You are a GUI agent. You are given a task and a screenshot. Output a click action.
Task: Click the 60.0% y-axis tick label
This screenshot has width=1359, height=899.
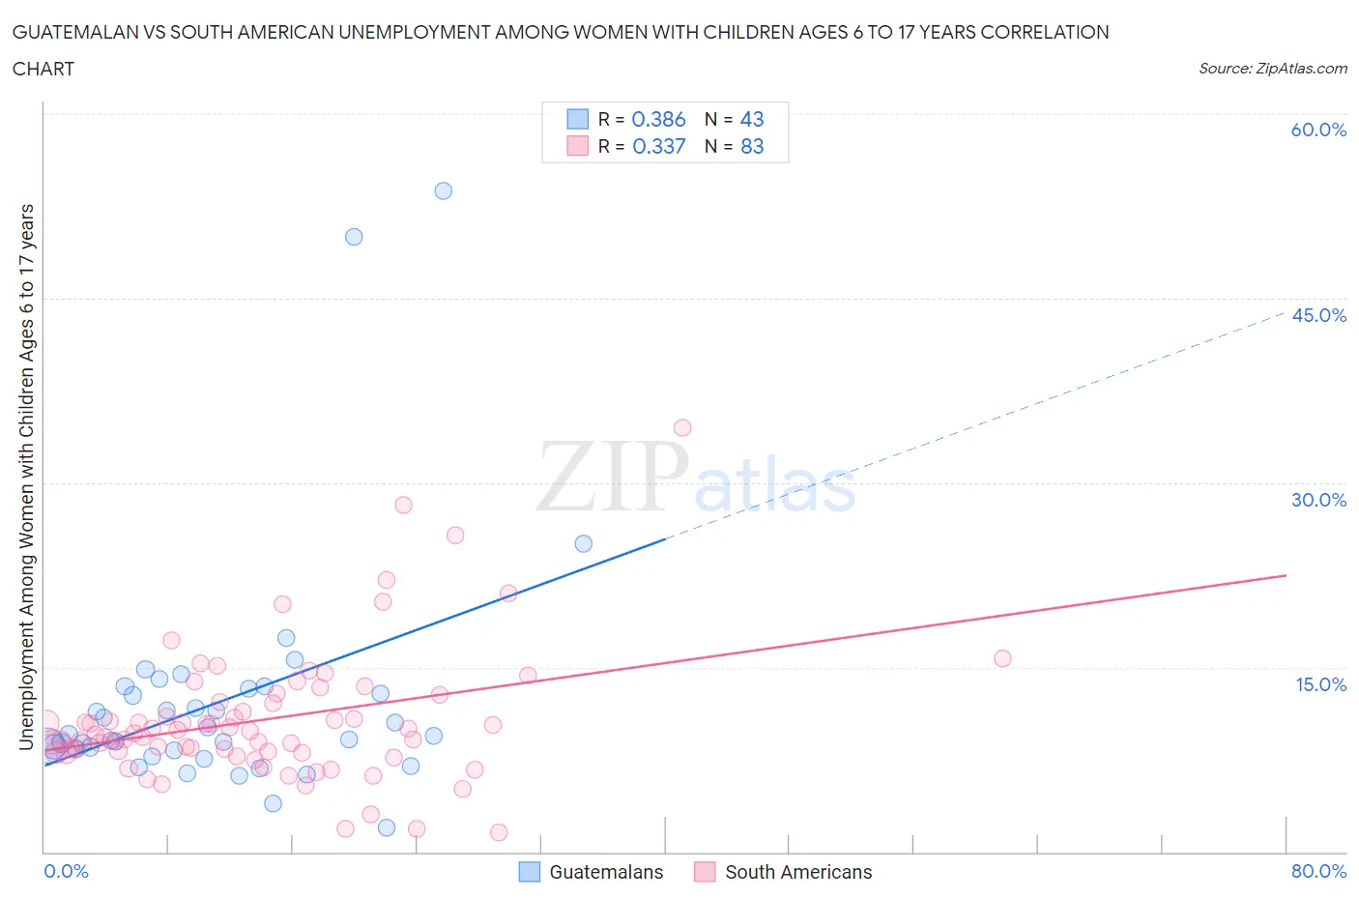click(1318, 130)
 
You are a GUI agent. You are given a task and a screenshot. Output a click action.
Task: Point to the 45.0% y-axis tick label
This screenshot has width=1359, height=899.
click(1318, 315)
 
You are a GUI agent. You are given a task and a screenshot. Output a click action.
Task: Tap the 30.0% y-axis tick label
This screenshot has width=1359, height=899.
click(1318, 500)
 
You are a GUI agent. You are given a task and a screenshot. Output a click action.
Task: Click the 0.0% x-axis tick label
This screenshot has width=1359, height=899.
click(66, 871)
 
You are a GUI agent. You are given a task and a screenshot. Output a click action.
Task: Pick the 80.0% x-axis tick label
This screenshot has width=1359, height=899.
click(1318, 871)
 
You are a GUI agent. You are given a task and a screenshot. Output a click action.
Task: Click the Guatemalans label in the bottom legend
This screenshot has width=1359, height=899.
click(606, 872)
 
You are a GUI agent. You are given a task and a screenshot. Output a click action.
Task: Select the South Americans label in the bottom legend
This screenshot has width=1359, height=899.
click(798, 872)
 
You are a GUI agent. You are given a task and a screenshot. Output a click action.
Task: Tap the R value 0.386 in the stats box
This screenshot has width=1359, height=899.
click(658, 119)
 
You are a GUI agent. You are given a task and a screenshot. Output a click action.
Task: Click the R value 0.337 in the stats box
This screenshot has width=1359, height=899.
click(658, 146)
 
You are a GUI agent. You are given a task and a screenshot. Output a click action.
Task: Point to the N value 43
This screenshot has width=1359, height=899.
click(751, 119)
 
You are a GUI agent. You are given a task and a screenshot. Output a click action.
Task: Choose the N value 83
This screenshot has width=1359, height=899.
click(751, 146)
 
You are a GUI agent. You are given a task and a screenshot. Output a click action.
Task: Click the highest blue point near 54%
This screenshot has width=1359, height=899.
click(443, 190)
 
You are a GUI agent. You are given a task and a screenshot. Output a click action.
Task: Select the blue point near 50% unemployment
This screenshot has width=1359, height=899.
click(354, 237)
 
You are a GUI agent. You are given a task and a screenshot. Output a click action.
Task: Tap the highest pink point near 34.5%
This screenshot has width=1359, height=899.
click(682, 427)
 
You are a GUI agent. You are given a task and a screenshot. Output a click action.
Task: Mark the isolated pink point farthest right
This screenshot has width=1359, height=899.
click(1002, 658)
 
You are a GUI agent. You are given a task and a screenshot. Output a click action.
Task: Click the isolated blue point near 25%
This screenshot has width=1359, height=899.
click(583, 543)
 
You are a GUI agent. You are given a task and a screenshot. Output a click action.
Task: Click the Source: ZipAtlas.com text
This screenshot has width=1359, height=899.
click(1272, 69)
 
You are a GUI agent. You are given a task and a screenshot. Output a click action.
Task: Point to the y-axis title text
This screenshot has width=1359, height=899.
click(26, 477)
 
